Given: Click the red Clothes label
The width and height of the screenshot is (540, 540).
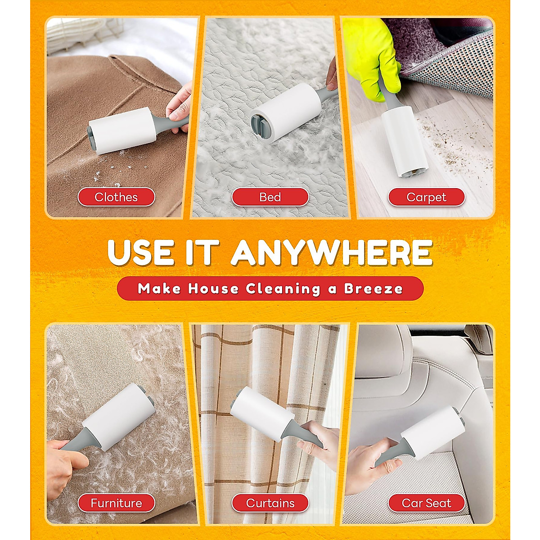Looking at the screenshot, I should point(116,197).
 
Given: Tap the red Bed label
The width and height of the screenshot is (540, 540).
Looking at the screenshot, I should point(270,197).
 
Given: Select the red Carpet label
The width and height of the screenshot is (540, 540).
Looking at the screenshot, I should point(426,197).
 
